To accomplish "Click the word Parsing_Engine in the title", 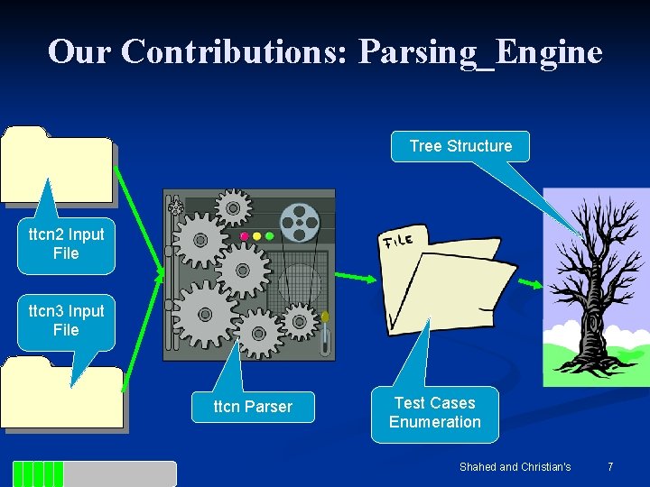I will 480,51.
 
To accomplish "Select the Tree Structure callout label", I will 460,146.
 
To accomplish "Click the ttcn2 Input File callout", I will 66,244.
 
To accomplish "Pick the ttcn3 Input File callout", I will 66,321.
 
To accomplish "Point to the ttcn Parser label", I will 253,407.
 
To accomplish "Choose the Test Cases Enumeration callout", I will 434,413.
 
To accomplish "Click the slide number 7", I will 610,467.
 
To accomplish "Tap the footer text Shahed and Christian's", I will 515,467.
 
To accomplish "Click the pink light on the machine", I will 244,236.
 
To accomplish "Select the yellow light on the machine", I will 256,236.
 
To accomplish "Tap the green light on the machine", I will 268,236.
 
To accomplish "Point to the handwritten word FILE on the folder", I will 398,240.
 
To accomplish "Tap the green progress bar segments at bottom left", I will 39,473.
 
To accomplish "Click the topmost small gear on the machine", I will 233,207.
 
